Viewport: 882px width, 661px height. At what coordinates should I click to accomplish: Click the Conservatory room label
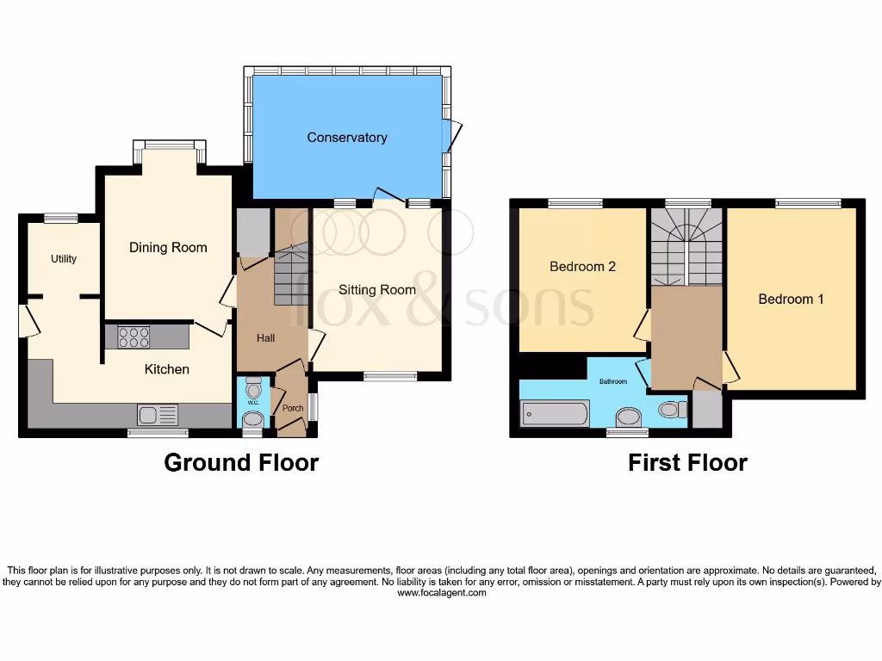click(347, 138)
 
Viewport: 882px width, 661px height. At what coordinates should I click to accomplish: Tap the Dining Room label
click(168, 248)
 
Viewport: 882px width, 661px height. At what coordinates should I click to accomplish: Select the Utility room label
click(64, 259)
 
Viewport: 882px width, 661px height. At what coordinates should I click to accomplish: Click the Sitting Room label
click(377, 290)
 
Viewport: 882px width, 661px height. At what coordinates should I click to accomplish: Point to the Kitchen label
click(166, 369)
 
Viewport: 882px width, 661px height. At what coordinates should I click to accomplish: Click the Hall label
click(265, 338)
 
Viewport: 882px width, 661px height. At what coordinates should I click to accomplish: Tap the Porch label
click(293, 408)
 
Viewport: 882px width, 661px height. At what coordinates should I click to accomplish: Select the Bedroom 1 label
click(791, 300)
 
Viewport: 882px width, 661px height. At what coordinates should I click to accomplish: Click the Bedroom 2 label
click(582, 267)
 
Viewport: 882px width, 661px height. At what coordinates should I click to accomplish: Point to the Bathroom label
click(613, 381)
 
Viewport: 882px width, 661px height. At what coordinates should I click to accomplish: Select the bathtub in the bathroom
click(555, 414)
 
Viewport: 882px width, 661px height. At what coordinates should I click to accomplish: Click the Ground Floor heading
click(241, 463)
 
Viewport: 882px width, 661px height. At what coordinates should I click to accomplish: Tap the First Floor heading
click(687, 463)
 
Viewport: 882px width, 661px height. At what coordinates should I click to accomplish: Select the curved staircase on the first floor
click(686, 246)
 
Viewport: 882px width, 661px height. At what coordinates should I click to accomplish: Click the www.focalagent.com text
click(441, 593)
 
